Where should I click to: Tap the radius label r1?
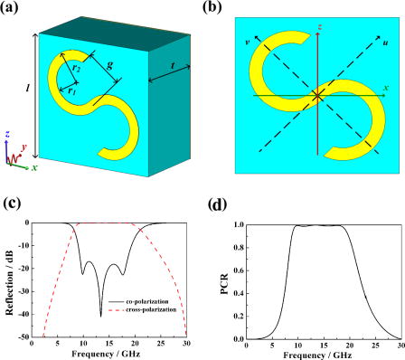(61, 91)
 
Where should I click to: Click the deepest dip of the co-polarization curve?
(100, 315)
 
